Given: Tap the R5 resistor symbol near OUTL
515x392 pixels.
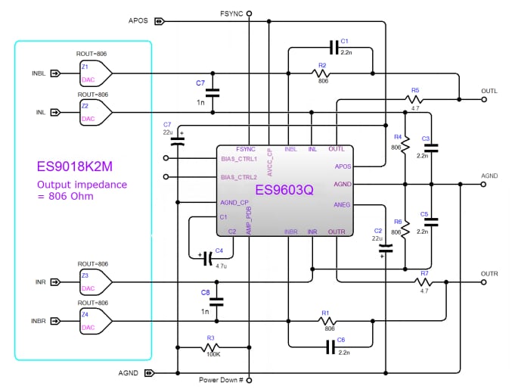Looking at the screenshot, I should [x=415, y=99].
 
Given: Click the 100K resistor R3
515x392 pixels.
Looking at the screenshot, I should [x=211, y=348].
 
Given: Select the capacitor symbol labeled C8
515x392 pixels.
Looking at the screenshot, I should [x=216, y=301].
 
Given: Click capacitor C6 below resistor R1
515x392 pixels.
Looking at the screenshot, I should [x=330, y=347].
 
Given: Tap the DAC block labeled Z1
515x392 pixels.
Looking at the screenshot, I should [x=95, y=73].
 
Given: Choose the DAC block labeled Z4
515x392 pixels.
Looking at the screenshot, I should [x=95, y=320].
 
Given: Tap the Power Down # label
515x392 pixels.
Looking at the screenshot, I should [x=221, y=380].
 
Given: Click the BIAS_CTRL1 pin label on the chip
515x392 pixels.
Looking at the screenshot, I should [x=239, y=159].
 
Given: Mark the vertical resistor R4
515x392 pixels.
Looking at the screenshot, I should [x=405, y=142].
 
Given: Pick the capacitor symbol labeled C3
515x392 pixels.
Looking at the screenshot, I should [x=430, y=148].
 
